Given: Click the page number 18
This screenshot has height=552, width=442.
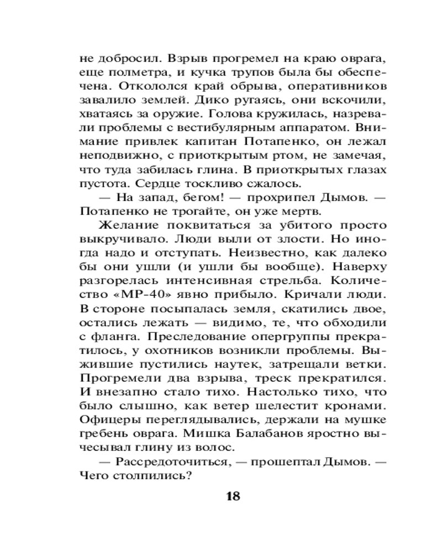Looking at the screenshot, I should (x=233, y=495).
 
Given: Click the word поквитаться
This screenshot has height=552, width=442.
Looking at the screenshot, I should (x=215, y=225).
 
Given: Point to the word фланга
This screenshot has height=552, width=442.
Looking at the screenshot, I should (x=116, y=336).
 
